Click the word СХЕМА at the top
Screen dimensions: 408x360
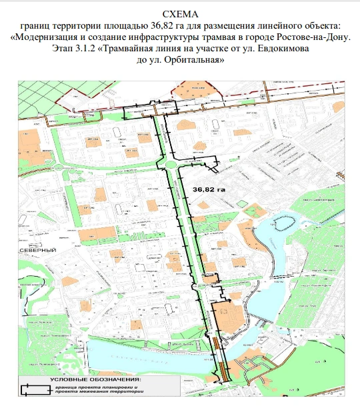click(180, 13)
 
